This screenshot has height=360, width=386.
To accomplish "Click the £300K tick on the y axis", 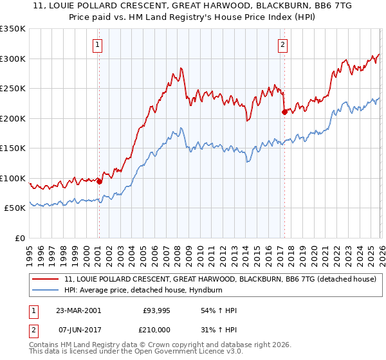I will [x=13, y=59].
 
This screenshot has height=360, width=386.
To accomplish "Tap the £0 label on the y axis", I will [x=21, y=238].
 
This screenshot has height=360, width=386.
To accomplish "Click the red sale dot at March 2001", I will [x=99, y=181].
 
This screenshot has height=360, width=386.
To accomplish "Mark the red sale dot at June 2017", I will [x=284, y=112].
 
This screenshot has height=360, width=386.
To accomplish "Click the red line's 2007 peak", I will [x=181, y=67].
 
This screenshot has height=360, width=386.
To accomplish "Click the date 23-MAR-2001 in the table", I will [x=78, y=310].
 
